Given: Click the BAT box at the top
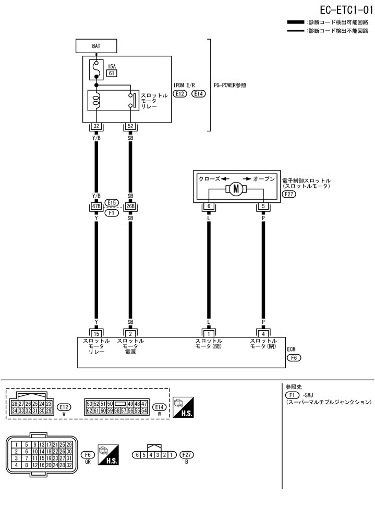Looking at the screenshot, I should [96, 46].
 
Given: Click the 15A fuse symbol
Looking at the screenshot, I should [96, 67].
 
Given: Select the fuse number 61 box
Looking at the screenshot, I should [111, 74].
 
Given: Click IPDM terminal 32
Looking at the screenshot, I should [96, 126].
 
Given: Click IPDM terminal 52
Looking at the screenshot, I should [130, 126].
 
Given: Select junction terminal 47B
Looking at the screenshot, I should [96, 206].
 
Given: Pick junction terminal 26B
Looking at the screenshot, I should [130, 206].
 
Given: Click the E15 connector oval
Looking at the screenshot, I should [112, 202].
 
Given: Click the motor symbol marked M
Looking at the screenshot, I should [235, 189].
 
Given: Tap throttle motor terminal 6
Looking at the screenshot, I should [208, 207].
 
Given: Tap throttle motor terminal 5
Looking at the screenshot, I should [263, 207].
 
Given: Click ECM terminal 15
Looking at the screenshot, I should [96, 333].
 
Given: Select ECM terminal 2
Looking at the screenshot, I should [130, 333].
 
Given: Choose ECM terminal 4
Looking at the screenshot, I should [263, 333].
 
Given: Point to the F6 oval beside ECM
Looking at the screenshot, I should [294, 359].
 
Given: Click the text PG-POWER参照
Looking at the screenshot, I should [230, 85].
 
